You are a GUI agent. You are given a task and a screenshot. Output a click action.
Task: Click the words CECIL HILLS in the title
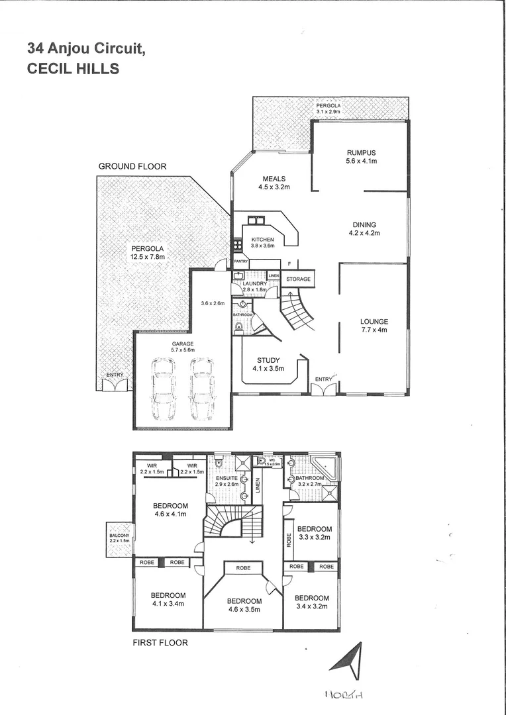click(73, 68)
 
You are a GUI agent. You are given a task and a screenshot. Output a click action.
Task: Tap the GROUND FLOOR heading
click(132, 166)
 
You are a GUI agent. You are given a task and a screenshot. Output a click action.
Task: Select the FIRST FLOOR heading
click(161, 642)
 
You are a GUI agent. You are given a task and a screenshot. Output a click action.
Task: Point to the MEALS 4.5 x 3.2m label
click(274, 183)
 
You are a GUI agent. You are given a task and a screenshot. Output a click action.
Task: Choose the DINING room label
click(364, 229)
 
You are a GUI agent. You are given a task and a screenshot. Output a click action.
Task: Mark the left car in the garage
click(163, 389)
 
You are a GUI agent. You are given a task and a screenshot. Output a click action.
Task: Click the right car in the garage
click(201, 389)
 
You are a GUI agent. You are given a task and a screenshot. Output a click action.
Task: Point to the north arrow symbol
click(351, 660)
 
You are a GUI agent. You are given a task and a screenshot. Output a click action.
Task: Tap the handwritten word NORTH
click(346, 694)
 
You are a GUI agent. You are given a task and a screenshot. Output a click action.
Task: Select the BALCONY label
click(120, 537)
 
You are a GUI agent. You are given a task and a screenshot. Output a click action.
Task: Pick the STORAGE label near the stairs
click(298, 279)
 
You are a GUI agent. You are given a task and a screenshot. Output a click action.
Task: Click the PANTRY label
click(240, 262)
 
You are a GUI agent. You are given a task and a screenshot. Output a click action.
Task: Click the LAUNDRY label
click(254, 285)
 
